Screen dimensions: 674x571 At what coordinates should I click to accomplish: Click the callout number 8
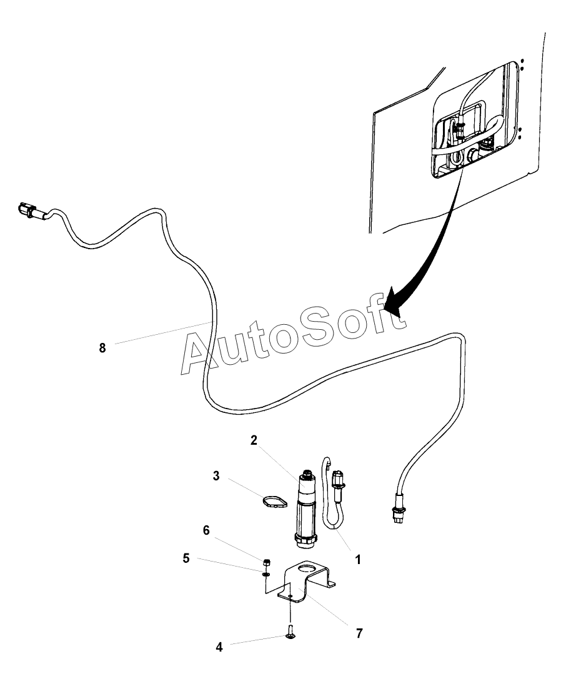[102, 348]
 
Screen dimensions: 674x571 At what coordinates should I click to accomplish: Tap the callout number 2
[254, 440]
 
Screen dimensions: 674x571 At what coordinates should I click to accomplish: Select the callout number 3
[216, 476]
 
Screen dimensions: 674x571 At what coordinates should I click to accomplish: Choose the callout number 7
[359, 633]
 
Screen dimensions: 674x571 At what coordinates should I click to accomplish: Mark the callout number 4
[219, 647]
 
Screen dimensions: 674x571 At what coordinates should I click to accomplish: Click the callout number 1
[358, 560]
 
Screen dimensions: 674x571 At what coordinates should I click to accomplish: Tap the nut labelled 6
[266, 561]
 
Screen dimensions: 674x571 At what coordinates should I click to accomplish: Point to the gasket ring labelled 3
[272, 502]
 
